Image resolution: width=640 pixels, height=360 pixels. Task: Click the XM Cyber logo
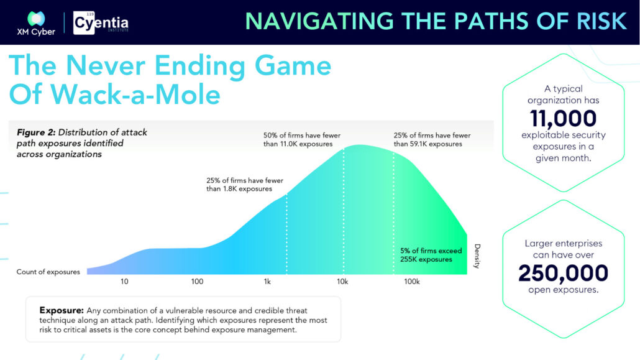pyautogui.click(x=36, y=23)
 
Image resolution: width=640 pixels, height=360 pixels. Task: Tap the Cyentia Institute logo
pyautogui.click(x=101, y=23)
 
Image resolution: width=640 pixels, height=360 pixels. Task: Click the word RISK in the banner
pyautogui.click(x=601, y=21)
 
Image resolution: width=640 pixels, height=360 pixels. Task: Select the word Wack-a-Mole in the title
pyautogui.click(x=135, y=95)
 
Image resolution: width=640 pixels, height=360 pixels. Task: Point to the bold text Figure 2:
pyautogui.click(x=36, y=132)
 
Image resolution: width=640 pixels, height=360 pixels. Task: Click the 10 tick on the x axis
pyautogui.click(x=124, y=281)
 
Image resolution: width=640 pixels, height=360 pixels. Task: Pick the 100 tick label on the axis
pyautogui.click(x=197, y=281)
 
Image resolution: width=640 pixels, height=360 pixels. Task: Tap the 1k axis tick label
pyautogui.click(x=267, y=281)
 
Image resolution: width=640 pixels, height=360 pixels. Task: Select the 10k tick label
pyautogui.click(x=342, y=281)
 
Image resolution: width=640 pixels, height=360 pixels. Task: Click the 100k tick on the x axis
pyautogui.click(x=412, y=281)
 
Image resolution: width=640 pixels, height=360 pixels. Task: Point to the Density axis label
pyautogui.click(x=477, y=256)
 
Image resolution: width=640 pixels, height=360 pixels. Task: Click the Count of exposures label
pyautogui.click(x=48, y=272)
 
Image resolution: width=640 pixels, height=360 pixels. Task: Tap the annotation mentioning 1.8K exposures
pyautogui.click(x=244, y=184)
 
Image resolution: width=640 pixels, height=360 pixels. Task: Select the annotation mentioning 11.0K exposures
pyautogui.click(x=301, y=139)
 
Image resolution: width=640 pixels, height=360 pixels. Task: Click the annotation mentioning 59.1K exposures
pyautogui.click(x=432, y=139)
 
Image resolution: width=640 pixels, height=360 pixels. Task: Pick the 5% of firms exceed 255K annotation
pyautogui.click(x=431, y=255)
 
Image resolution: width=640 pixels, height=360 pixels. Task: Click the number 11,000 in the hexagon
pyautogui.click(x=564, y=119)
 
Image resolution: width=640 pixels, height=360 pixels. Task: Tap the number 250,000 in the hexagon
pyautogui.click(x=564, y=273)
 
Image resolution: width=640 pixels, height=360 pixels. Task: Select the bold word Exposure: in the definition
pyautogui.click(x=62, y=310)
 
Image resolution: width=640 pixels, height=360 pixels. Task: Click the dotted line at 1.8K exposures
pyautogui.click(x=286, y=234)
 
